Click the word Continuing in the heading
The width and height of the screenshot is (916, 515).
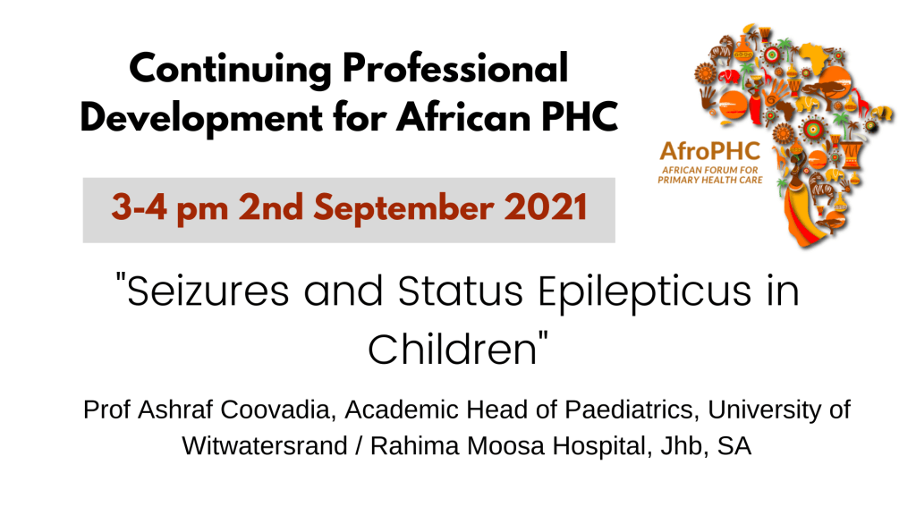(x=230, y=70)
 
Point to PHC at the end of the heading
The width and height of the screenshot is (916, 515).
(x=580, y=117)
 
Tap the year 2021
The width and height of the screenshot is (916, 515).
(x=546, y=207)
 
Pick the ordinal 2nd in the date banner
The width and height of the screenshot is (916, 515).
(x=270, y=207)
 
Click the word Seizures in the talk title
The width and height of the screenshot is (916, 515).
(x=208, y=291)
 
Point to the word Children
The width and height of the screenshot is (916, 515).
(x=452, y=350)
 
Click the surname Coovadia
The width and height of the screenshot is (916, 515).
(x=278, y=409)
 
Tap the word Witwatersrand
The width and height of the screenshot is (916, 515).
(x=265, y=446)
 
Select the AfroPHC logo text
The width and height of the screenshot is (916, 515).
(x=709, y=151)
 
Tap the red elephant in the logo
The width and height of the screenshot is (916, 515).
(x=728, y=77)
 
